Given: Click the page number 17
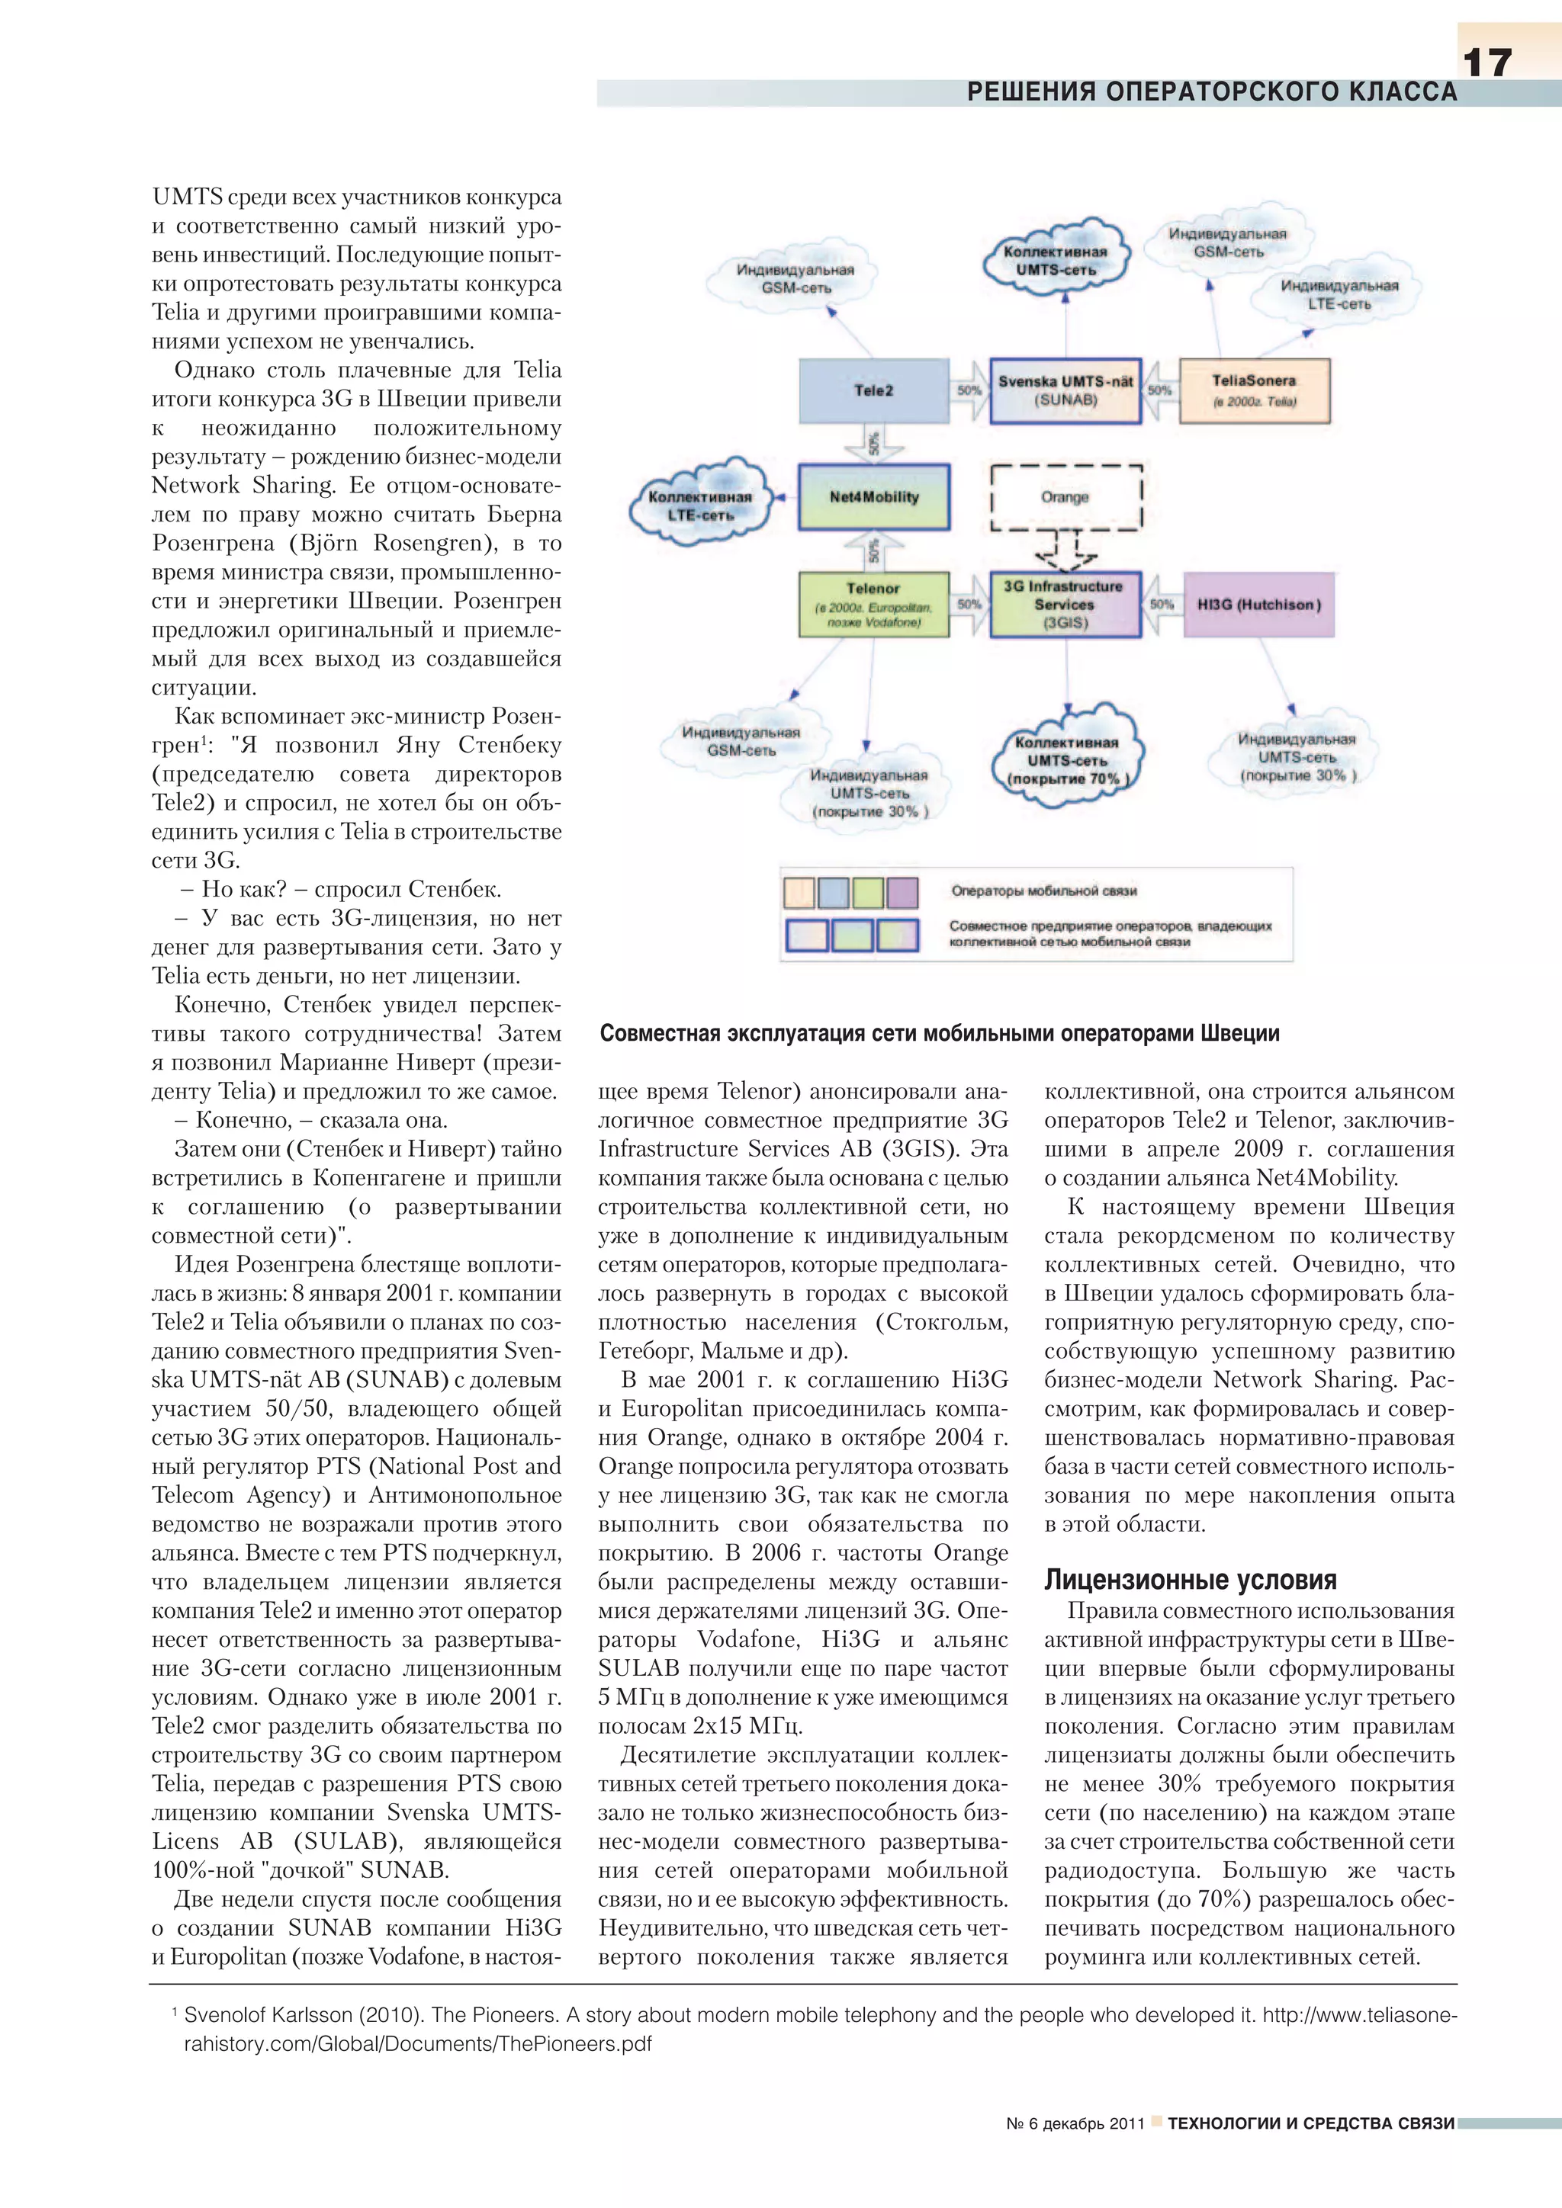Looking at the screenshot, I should pyautogui.click(x=1487, y=63).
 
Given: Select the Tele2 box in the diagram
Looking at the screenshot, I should pyautogui.click(x=873, y=390).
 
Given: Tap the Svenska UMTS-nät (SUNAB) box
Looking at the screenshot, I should pyautogui.click(x=1065, y=390).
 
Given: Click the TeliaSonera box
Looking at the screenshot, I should pyautogui.click(x=1254, y=390).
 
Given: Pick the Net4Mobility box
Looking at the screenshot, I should pyautogui.click(x=873, y=497).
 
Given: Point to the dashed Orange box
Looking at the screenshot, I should pyautogui.click(x=1065, y=497).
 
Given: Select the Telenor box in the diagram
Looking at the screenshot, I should pyautogui.click(x=873, y=604).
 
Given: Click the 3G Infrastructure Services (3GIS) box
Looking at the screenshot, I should pyautogui.click(x=1065, y=604).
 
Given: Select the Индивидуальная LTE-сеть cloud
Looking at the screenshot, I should pyautogui.click(x=1338, y=294).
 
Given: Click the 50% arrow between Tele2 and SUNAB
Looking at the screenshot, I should pyautogui.click(x=969, y=390).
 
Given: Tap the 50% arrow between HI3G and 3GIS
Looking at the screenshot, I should pyautogui.click(x=1162, y=605).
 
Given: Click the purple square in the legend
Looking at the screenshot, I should pyautogui.click(x=902, y=893).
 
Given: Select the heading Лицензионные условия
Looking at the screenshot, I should pyautogui.click(x=1190, y=1580).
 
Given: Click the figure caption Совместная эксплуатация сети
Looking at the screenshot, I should pyautogui.click(x=939, y=1033).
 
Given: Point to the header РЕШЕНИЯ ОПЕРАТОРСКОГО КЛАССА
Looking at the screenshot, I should pyautogui.click(x=1211, y=92).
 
